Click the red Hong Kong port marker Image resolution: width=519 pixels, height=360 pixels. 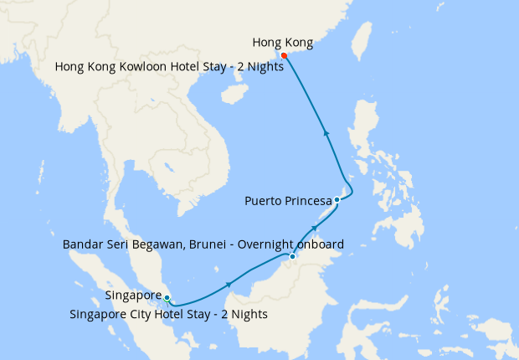click(x=284, y=55)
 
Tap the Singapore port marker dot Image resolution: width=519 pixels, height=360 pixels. click(x=167, y=298)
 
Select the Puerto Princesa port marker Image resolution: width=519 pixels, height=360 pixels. click(x=337, y=199)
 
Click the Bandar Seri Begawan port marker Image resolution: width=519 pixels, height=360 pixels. click(x=291, y=255)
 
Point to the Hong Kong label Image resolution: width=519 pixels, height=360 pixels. click(x=283, y=43)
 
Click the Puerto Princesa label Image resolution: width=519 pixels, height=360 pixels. click(x=287, y=200)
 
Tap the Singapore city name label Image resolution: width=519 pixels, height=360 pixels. click(x=133, y=296)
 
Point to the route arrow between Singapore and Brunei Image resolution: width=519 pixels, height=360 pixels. click(x=229, y=285)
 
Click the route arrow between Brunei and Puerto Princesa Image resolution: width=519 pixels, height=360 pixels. click(x=316, y=226)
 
